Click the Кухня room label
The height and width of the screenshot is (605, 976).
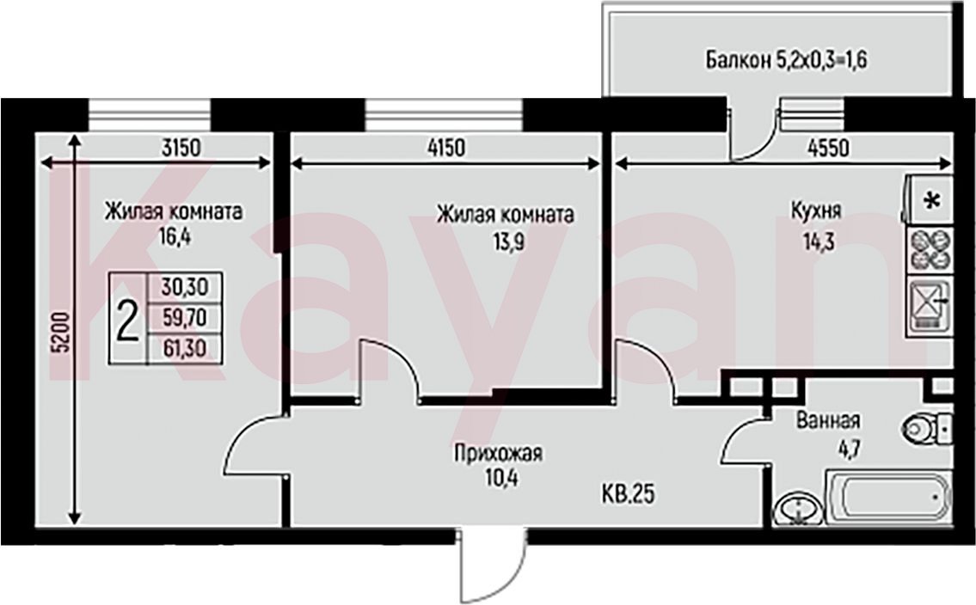click(815, 211)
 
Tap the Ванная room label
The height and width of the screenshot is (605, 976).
click(828, 420)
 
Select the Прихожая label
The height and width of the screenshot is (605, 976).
click(498, 453)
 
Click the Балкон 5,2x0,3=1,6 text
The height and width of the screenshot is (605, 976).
click(786, 59)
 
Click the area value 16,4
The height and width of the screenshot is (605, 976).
click(175, 237)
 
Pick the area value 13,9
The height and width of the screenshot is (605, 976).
click(508, 241)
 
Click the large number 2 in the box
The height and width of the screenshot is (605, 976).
click(127, 317)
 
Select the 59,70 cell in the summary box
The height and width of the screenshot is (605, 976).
click(184, 318)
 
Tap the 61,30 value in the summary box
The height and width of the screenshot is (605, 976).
click(184, 347)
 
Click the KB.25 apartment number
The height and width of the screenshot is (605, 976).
click(629, 495)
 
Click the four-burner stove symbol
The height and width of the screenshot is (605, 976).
click(930, 248)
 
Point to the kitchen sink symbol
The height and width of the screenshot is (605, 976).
click(930, 305)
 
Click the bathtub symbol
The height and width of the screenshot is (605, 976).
click(889, 498)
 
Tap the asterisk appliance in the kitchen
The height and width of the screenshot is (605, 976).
click(932, 201)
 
